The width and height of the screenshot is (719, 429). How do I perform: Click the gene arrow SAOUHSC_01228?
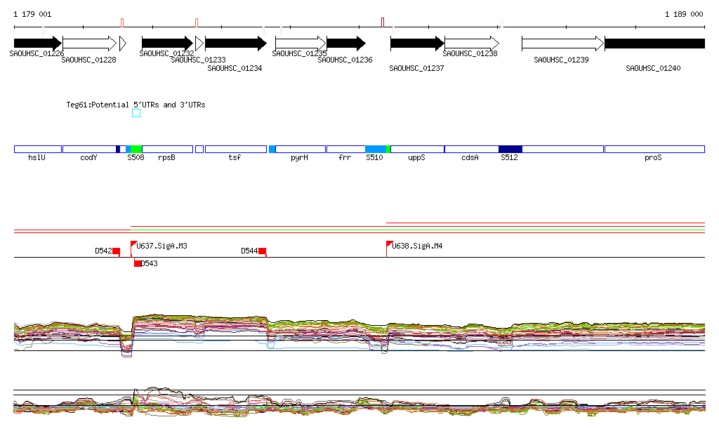[89, 43]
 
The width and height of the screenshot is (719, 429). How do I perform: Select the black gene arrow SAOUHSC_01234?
[235, 43]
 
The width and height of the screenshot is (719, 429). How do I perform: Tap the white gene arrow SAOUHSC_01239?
[562, 43]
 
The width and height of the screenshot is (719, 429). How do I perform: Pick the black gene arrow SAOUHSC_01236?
[345, 43]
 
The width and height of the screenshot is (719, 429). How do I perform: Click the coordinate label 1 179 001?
[32, 14]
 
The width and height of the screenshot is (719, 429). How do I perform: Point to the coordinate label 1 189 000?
[683, 14]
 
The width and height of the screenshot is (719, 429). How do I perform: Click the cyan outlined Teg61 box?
[136, 113]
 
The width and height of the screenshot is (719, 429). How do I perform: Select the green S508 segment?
[136, 149]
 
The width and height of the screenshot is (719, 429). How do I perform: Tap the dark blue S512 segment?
[510, 149]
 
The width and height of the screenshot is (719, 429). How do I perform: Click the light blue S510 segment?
[376, 149]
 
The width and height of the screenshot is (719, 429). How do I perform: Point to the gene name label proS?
[653, 158]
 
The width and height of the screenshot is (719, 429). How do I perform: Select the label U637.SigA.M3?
[162, 246]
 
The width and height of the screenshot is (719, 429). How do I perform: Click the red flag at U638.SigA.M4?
[390, 244]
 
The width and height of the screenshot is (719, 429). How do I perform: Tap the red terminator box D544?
[263, 251]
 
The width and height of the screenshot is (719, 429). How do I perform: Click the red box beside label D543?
[138, 263]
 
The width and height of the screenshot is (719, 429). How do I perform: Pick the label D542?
[103, 251]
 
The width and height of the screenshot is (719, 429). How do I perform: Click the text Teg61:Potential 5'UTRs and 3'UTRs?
[136, 105]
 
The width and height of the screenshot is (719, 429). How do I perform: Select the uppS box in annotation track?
[417, 149]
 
